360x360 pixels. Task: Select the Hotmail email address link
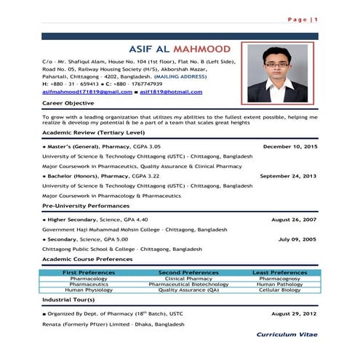[x=171, y=92]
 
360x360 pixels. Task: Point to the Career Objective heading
[x=70, y=105]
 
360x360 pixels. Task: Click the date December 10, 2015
[x=290, y=147]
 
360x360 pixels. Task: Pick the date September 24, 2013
[x=288, y=176]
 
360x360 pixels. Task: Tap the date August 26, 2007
[x=294, y=219]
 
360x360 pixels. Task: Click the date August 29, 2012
[x=294, y=313]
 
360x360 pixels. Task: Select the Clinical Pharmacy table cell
[x=188, y=279]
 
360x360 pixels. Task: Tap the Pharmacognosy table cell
[x=279, y=279]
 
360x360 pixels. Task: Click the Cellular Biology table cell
[x=279, y=290]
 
